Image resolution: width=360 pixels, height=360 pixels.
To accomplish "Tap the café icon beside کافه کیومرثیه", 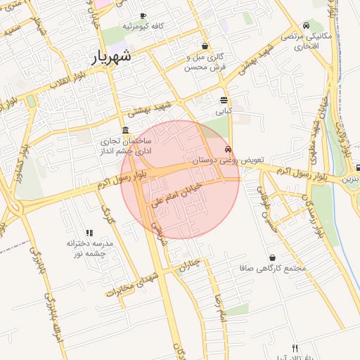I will click(143, 15).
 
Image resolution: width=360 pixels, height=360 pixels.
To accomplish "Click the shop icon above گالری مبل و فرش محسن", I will click(205, 46).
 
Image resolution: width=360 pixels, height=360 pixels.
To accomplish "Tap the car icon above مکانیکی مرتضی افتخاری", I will click(306, 25).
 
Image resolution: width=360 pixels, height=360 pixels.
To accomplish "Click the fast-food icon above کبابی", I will click(224, 100).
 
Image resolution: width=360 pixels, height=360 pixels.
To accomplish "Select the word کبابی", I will click(224, 110).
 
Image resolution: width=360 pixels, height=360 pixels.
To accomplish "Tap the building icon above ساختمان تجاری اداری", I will click(125, 130).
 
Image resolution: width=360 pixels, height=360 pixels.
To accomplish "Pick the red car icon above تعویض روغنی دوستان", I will click(228, 149).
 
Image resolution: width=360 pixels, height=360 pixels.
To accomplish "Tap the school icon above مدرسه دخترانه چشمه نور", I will click(89, 233).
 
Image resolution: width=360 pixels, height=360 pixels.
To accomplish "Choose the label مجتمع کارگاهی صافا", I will click(264, 268).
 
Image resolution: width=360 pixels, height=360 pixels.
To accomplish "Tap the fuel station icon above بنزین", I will click(358, 168).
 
